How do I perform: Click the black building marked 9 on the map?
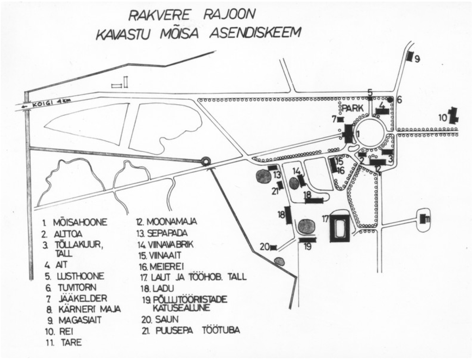(x=410, y=56)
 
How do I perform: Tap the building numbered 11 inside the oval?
(x=423, y=218)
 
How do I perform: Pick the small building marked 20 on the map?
(x=273, y=248)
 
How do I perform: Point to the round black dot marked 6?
(x=390, y=99)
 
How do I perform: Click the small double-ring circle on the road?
(x=206, y=161)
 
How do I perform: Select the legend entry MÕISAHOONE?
(x=79, y=222)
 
